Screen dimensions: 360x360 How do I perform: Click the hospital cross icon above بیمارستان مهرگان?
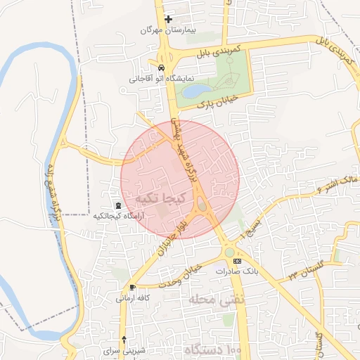point(168,19)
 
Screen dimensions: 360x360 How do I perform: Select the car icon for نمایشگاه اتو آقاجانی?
point(162,68)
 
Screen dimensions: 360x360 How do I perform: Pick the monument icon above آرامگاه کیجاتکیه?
point(117,205)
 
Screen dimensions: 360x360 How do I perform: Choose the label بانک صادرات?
point(233,271)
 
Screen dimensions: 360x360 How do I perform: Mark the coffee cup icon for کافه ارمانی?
point(132,288)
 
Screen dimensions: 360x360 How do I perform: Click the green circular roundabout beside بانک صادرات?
point(229,252)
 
